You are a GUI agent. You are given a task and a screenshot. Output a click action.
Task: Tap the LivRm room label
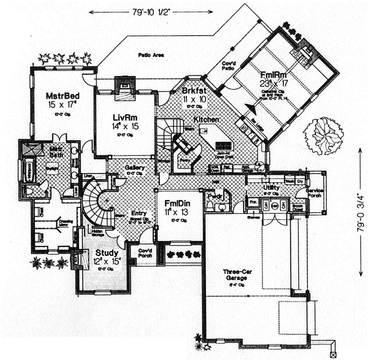115,117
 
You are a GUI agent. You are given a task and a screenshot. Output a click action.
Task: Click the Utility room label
272,188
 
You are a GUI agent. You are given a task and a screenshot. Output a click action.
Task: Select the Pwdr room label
214,196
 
